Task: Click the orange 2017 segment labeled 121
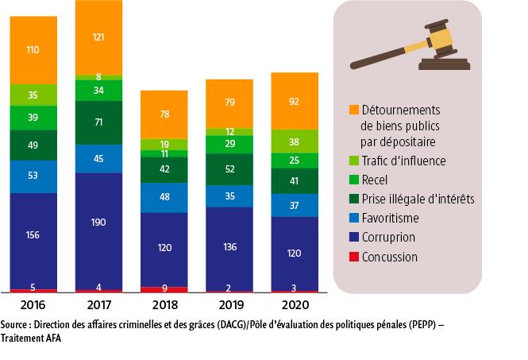click(99, 37)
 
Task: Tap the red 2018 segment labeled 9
click(164, 289)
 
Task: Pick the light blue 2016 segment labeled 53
click(33, 176)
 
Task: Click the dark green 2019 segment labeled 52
click(229, 169)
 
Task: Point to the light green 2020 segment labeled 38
click(295, 141)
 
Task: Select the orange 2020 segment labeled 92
click(295, 101)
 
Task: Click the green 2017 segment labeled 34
click(99, 90)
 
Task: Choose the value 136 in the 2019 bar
click(229, 246)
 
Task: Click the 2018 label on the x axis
click(164, 305)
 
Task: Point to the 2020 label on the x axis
click(295, 305)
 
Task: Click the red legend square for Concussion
click(354, 257)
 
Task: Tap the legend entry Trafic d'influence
click(404, 161)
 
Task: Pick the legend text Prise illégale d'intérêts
click(418, 199)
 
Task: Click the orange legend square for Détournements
click(354, 109)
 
